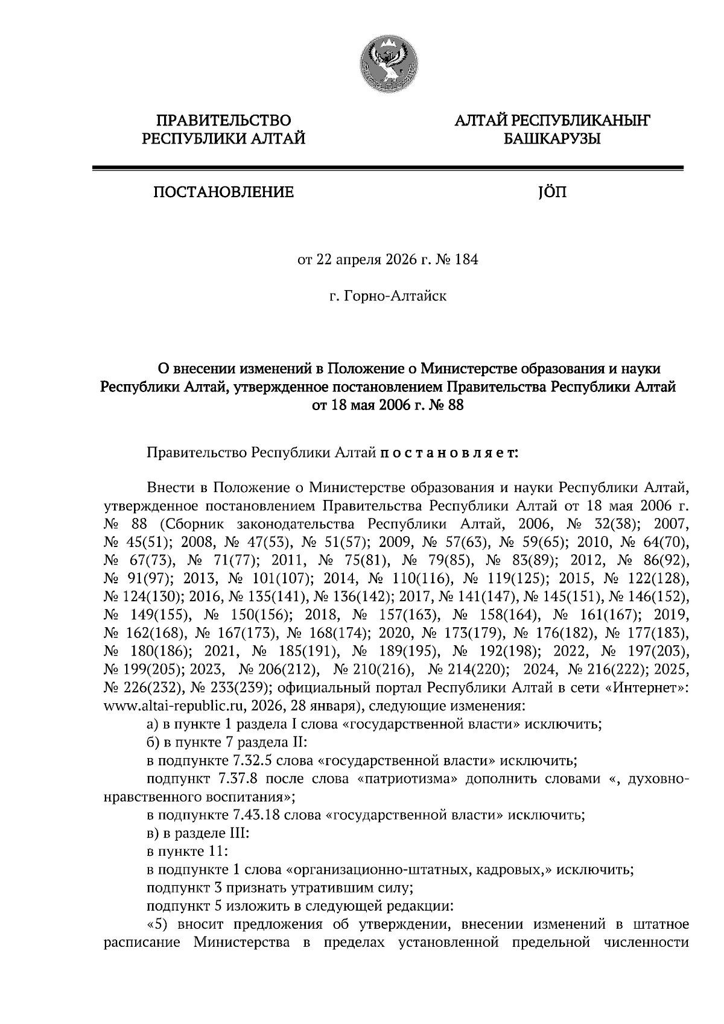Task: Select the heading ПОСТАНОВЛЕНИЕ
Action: click(x=223, y=192)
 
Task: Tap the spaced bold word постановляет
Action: click(x=449, y=452)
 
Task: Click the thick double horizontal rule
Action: click(x=387, y=169)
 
